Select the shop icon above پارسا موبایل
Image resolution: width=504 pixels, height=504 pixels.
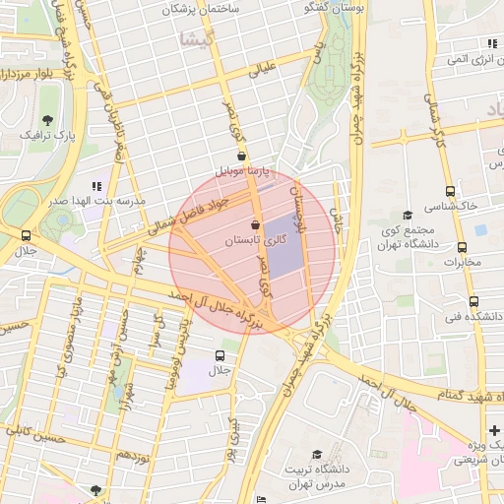coord(241,157)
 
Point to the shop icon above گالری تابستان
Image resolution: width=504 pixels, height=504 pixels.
coord(257,224)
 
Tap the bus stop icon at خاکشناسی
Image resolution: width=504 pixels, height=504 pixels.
coord(450,192)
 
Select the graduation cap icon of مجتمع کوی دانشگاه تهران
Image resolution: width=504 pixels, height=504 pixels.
coord(408,216)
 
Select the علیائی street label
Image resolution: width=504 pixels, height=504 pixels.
coord(266,70)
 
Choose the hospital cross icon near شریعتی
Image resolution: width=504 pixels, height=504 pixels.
coord(493,430)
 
